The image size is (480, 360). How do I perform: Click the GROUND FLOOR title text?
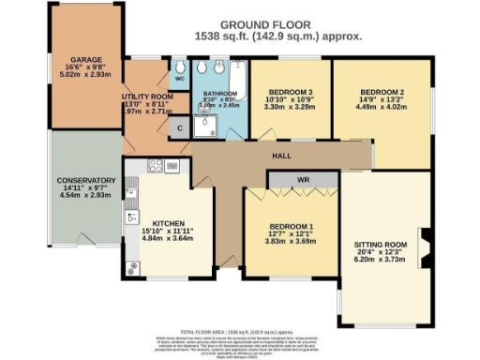tap(266, 23)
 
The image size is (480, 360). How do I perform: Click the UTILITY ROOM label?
tap(149, 96)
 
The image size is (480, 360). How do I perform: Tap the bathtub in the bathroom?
tap(238, 82)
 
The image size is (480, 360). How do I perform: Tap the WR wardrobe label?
tap(302, 179)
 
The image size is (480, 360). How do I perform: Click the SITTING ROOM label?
tap(380, 244)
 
